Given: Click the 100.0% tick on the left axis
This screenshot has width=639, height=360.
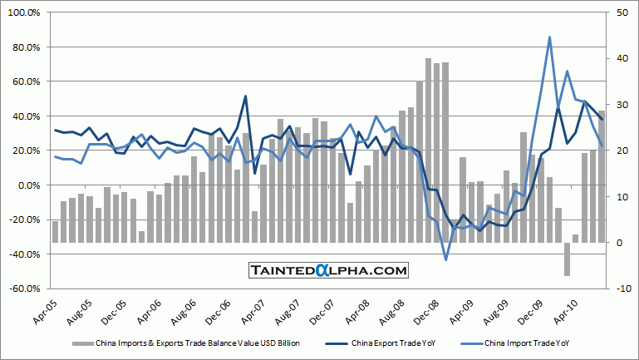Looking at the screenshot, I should [x=26, y=12].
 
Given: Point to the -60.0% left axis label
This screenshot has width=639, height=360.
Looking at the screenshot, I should [x=26, y=288].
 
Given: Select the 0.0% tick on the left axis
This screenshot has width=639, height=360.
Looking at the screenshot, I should [x=30, y=185].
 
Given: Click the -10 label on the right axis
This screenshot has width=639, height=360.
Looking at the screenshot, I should [x=622, y=288].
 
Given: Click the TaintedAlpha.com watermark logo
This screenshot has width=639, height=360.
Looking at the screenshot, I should [x=329, y=270].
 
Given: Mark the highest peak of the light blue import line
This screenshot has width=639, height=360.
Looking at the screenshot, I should [x=549, y=37].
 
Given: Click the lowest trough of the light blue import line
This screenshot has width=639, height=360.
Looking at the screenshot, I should [x=445, y=259].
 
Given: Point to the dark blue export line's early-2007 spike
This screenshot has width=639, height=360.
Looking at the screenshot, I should [x=246, y=96].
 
